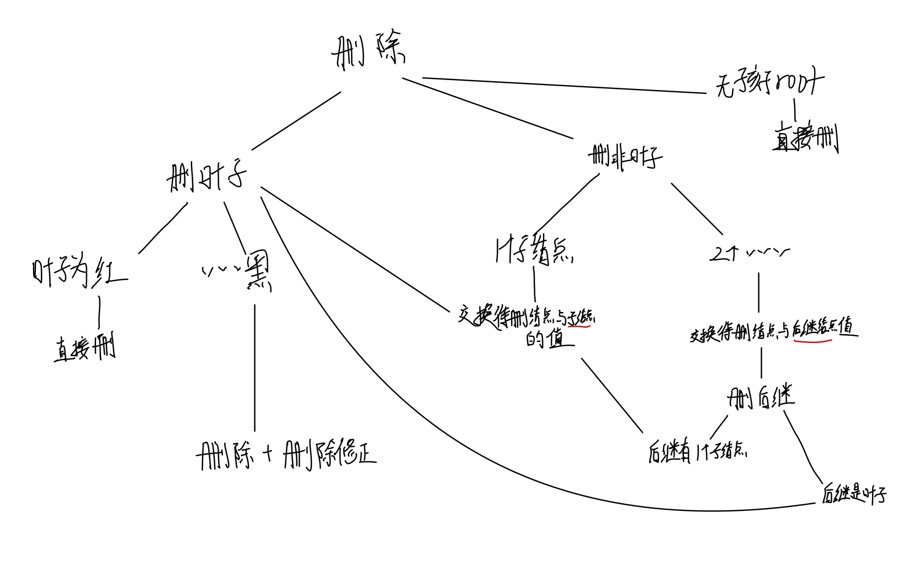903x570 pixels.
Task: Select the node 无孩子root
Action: [x=769, y=85]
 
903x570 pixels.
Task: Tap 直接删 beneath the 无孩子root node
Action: [x=805, y=138]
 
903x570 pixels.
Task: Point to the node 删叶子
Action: [x=206, y=177]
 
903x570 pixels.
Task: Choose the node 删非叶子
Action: [x=625, y=157]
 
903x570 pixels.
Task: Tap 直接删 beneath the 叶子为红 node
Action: [x=84, y=348]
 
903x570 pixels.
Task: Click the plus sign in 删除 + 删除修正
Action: [x=268, y=453]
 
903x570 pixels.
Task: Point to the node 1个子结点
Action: [x=534, y=252]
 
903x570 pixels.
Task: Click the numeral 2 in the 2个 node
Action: [x=717, y=254]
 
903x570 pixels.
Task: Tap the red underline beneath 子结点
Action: [x=579, y=326]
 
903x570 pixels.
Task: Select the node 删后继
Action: [x=761, y=397]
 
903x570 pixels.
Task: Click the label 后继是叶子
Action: [x=853, y=493]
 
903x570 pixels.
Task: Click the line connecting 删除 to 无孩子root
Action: [x=563, y=86]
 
